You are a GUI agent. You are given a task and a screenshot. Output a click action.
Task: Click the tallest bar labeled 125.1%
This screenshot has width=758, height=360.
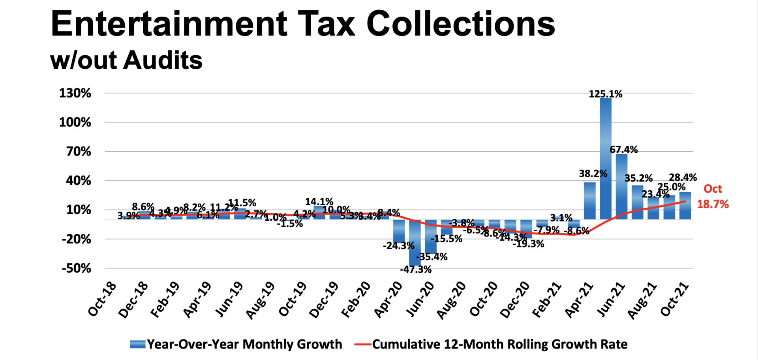coord(606,158)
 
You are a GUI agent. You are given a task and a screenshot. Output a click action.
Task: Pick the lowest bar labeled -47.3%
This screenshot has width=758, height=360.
coord(415,242)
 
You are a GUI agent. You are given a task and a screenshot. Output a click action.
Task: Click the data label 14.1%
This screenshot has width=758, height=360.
coord(319,202)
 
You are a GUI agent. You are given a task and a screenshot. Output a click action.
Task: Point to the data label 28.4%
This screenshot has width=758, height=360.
coord(683,177)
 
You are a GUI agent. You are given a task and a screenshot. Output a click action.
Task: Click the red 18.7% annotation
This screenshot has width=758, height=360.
coord(713,204)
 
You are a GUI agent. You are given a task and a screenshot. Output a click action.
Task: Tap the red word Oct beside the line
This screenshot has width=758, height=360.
coord(713,189)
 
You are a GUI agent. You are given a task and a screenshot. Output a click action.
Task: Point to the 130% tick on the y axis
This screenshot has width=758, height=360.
coord(75,93)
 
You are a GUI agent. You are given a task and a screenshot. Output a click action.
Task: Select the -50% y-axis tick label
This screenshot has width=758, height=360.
coord(76,268)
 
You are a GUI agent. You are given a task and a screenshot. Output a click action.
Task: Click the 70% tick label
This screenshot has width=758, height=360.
coord(79,152)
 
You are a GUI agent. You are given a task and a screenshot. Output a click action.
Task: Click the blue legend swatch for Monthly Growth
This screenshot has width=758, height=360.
coord(138,344)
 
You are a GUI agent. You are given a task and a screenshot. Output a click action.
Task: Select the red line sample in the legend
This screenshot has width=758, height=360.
coord(362,344)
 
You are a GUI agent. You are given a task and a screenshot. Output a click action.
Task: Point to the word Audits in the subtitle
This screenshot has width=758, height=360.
coord(163,60)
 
